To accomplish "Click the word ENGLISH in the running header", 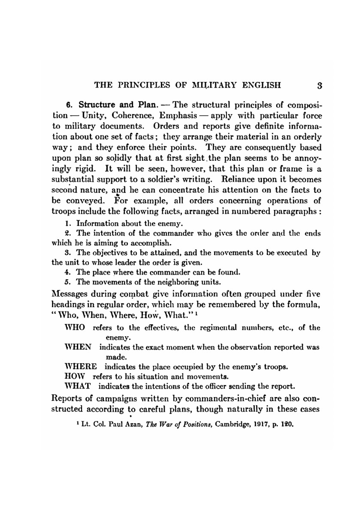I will (261, 85).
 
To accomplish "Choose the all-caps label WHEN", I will (77, 347).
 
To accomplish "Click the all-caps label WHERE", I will (80, 367).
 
